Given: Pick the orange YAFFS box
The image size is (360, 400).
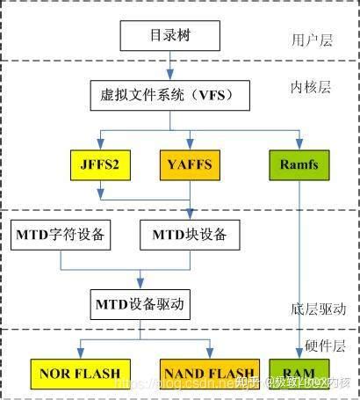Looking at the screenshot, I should (191, 164).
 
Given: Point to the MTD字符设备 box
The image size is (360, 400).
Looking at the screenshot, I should (61, 235).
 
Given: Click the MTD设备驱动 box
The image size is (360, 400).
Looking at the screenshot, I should (142, 304).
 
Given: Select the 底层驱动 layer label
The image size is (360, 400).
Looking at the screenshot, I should (318, 309).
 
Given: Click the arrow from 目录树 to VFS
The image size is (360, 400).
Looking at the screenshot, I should (169, 66).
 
